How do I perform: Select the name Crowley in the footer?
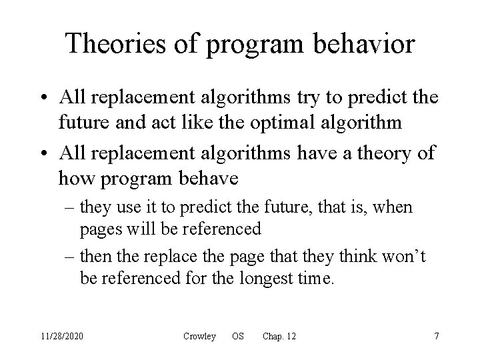click(x=199, y=336)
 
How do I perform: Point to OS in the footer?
click(x=237, y=336)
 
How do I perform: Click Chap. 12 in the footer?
click(x=279, y=336)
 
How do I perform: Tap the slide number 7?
click(x=436, y=336)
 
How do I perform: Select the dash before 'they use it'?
click(x=71, y=208)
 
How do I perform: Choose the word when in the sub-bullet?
click(x=394, y=207)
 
